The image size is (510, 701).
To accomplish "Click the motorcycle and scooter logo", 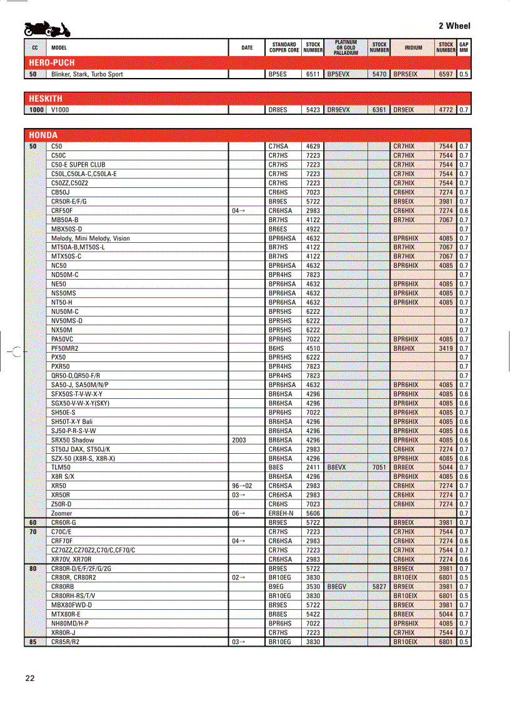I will [x=47, y=29].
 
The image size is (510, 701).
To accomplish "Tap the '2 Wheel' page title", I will [x=454, y=26].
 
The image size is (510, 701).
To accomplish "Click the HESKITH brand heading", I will [x=46, y=99].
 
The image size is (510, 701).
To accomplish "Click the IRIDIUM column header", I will [x=413, y=47].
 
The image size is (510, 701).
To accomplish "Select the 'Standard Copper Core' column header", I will [x=284, y=47].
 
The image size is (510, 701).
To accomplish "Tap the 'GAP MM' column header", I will [x=464, y=47].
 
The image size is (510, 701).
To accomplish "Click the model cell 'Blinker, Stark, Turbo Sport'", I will [x=87, y=74].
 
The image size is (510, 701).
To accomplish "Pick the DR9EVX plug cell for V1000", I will [x=339, y=110].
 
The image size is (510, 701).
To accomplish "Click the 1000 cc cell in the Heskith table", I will [x=36, y=110].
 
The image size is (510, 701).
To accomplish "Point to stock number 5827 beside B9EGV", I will [x=379, y=587].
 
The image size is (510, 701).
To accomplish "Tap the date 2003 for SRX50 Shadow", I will [x=239, y=440].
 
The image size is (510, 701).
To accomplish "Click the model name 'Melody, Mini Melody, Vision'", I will [x=91, y=238].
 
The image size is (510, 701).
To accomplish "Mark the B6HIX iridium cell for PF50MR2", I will [x=404, y=348].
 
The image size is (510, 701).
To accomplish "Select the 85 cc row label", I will [x=33, y=642].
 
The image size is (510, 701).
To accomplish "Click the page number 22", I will [x=31, y=679].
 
